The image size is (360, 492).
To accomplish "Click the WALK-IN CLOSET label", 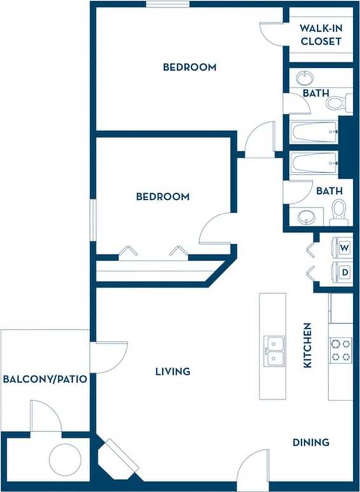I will [321, 35].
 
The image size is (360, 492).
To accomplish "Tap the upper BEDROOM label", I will [190, 67].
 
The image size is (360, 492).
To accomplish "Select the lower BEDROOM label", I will [163, 196].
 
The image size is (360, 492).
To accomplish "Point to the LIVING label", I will [173, 371].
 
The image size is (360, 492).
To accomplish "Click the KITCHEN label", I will [307, 345].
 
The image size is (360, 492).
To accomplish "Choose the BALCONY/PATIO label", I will [45, 379].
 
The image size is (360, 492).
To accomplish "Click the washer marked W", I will [344, 247].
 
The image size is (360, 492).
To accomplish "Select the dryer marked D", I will [344, 272].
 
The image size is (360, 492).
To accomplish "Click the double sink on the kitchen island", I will [275, 351].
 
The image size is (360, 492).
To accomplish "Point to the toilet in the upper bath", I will [342, 102].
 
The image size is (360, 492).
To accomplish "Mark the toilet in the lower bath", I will [340, 212].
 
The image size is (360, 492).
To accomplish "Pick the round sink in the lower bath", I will [307, 216].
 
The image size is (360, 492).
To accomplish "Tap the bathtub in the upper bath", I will [314, 132].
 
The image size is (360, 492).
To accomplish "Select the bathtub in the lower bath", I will [314, 163].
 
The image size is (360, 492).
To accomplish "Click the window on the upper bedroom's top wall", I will [167, 4].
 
